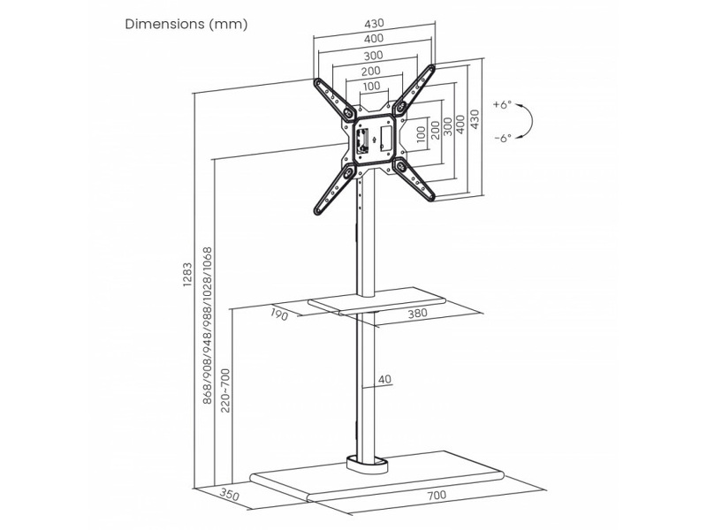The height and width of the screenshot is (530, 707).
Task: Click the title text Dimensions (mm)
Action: (x=186, y=23)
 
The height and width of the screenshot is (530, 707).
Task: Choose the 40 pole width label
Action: (x=384, y=380)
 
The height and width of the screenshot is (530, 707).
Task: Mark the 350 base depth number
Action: (x=232, y=496)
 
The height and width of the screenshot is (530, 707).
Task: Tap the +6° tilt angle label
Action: (x=503, y=104)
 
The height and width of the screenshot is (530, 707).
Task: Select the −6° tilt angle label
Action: (x=503, y=138)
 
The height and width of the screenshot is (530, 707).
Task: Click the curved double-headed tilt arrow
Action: (x=524, y=121)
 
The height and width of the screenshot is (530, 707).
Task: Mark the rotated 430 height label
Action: (x=475, y=120)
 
